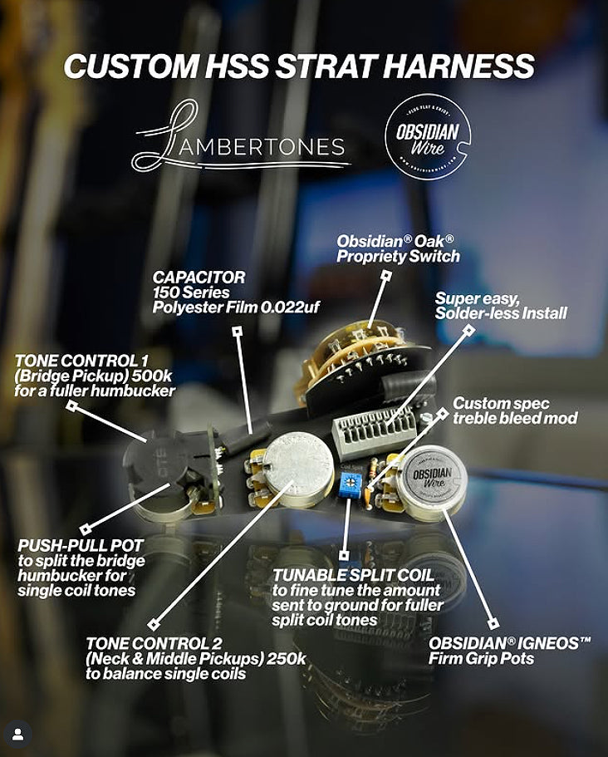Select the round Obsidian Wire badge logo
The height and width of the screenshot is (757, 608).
pyautogui.click(x=428, y=136)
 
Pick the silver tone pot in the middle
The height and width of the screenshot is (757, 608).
pyautogui.click(x=297, y=469)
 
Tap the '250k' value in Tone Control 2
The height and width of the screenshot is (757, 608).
pyautogui.click(x=287, y=658)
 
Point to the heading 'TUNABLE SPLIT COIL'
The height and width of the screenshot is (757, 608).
pyautogui.click(x=354, y=575)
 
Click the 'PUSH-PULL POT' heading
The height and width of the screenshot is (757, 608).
pyautogui.click(x=81, y=546)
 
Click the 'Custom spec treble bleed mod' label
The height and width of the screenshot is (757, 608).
pyautogui.click(x=515, y=410)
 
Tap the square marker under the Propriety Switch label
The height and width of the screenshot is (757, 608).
pyautogui.click(x=385, y=276)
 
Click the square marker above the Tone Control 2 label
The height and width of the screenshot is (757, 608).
pyautogui.click(x=154, y=625)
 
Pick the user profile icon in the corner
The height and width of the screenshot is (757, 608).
pyautogui.click(x=17, y=735)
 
